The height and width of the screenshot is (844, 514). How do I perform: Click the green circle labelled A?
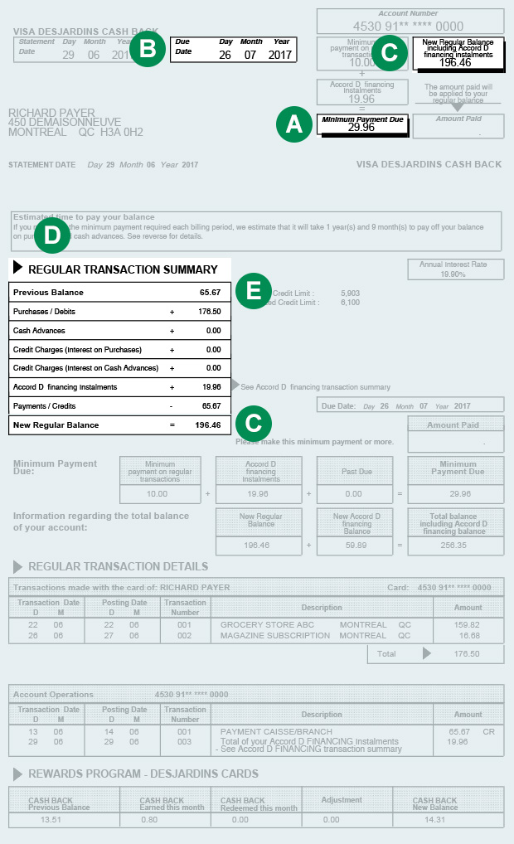293,124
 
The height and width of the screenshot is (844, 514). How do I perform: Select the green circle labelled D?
52,236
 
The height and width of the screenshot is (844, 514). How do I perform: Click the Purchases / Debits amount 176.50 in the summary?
210,312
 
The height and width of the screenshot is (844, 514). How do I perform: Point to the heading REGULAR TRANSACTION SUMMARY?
123,269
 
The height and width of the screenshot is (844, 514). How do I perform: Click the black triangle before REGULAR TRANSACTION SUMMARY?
17,269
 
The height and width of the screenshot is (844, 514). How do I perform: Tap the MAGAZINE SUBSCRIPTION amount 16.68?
468,636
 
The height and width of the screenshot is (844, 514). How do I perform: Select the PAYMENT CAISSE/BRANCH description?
276,732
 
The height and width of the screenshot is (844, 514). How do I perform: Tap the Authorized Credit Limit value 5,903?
350,293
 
